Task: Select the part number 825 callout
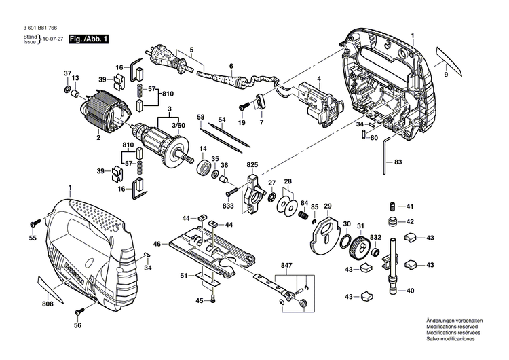(x=252, y=165)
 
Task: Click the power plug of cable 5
(x=158, y=54)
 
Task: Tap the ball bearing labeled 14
(x=202, y=168)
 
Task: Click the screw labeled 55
(x=34, y=223)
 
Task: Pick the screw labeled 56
(x=79, y=311)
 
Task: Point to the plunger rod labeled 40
(x=392, y=271)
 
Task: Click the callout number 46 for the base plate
(x=156, y=243)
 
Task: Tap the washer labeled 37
(x=67, y=89)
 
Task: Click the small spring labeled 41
(x=392, y=206)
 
